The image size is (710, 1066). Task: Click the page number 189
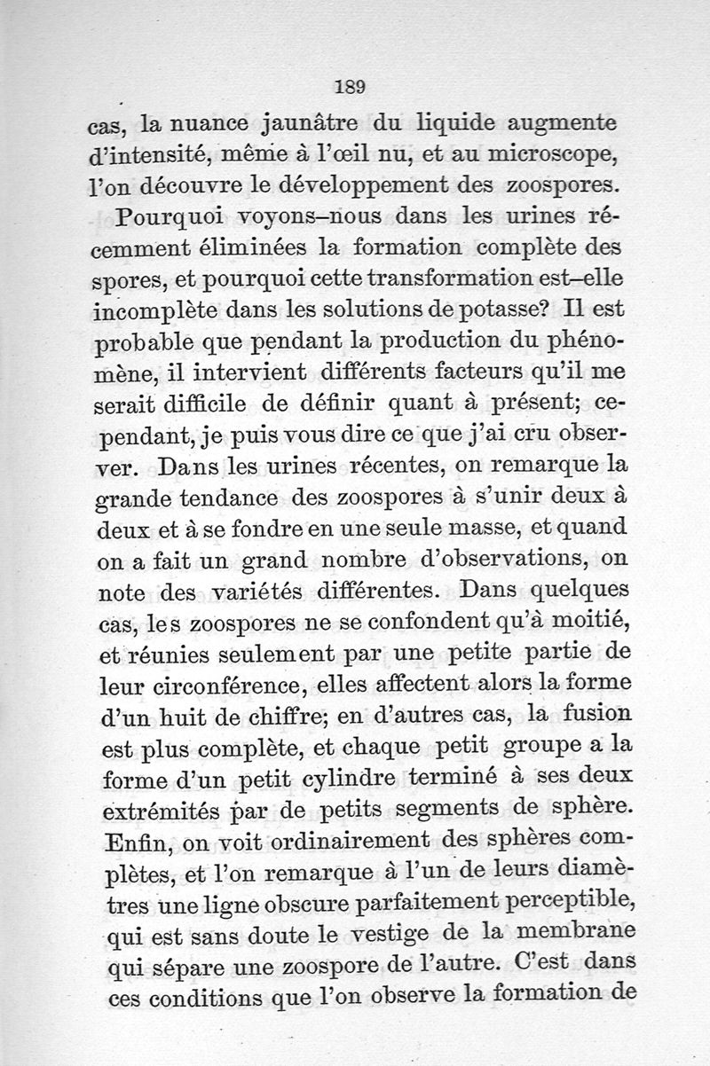click(351, 86)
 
